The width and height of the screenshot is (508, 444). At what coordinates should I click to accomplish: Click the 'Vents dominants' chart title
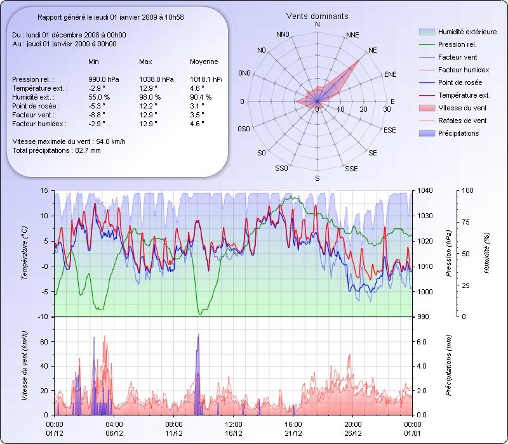317,16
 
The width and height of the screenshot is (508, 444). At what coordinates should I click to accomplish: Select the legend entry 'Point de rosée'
460,83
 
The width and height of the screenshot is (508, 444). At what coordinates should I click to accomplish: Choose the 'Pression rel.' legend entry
457,45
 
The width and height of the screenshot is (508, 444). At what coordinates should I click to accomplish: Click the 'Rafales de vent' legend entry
462,121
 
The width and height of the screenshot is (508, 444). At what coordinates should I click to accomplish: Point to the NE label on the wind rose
373,49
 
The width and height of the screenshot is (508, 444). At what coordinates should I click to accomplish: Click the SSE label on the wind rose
351,169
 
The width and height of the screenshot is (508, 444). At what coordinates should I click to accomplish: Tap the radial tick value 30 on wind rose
387,110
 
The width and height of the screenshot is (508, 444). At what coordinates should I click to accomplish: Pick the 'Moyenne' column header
204,62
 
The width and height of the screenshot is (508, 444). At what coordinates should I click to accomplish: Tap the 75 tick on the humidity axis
465,222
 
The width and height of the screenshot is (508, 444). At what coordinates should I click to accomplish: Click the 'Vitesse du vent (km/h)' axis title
25,365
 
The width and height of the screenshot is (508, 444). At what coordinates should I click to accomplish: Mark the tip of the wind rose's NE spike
360,60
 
